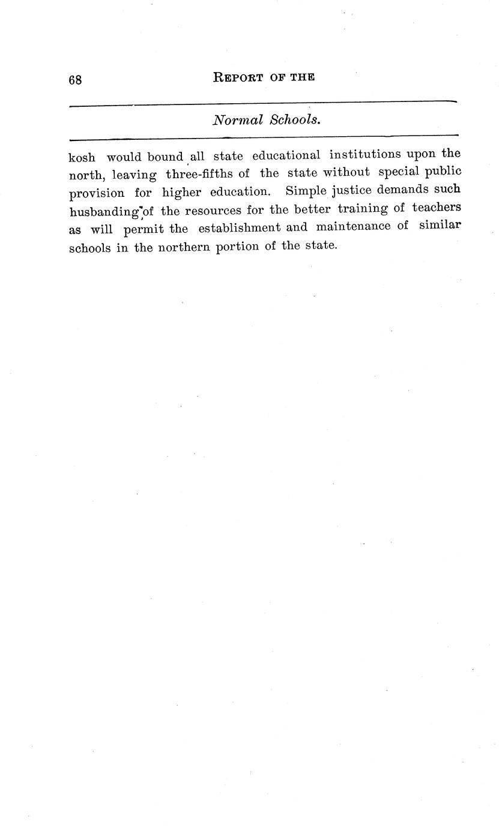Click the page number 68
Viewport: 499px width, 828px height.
pyautogui.click(x=75, y=80)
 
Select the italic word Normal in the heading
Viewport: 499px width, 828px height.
pyautogui.click(x=238, y=120)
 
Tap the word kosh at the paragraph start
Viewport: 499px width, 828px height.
pyautogui.click(x=82, y=158)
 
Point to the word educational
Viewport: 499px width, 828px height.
pyautogui.click(x=286, y=155)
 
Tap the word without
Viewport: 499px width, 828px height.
pyautogui.click(x=346, y=173)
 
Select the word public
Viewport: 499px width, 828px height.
pyautogui.click(x=440, y=172)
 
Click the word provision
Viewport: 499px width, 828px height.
pyautogui.click(x=97, y=193)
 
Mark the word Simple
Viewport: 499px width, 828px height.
pyautogui.click(x=306, y=191)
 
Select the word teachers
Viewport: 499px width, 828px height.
pyautogui.click(x=437, y=207)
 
